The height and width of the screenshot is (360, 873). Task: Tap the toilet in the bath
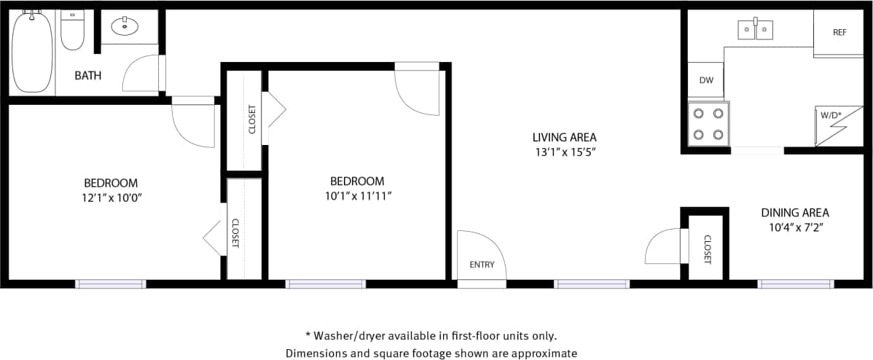tap(72, 31)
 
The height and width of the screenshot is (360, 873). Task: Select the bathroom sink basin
tap(125, 28)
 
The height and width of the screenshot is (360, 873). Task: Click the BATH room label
tap(88, 75)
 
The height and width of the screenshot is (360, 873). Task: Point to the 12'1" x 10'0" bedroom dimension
tap(111, 197)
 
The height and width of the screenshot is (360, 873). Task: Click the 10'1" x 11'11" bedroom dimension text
tap(357, 196)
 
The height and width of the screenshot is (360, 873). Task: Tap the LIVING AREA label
tap(564, 137)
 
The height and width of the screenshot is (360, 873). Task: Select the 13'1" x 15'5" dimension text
tap(564, 152)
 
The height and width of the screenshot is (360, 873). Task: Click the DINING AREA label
tap(795, 213)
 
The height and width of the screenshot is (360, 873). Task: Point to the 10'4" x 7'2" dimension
tap(795, 227)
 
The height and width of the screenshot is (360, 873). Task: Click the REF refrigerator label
tap(839, 33)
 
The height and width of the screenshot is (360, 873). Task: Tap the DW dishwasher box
tap(705, 80)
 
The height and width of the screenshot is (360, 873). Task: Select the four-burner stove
tap(709, 124)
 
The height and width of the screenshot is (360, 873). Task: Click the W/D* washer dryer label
tap(831, 115)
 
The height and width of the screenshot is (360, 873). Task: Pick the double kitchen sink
tap(755, 30)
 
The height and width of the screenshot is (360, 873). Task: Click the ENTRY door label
tap(482, 265)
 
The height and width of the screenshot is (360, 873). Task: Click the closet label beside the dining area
tap(707, 249)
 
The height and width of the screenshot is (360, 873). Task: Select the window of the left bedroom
tap(111, 283)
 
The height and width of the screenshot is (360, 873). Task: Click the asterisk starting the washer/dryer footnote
tap(308, 336)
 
